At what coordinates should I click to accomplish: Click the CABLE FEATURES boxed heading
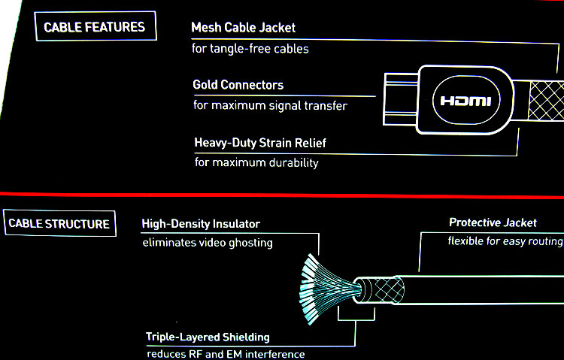pos(95,28)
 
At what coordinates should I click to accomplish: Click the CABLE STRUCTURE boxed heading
pos(59,223)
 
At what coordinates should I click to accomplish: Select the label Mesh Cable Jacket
pos(244,28)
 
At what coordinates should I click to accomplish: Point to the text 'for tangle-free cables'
pos(250,49)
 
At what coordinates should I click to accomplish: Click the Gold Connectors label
pos(238,85)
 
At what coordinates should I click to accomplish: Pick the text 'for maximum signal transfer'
pos(270,106)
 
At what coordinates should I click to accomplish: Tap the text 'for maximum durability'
pos(256,162)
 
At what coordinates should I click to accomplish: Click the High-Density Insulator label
pos(201,223)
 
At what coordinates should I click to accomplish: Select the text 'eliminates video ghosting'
pos(208,243)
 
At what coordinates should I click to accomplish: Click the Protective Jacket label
pos(493,222)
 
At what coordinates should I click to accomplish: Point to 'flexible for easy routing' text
pos(505,241)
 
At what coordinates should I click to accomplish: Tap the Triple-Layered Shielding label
pos(208,337)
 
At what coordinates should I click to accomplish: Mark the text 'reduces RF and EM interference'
pos(226,354)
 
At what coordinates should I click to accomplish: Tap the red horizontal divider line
pos(282,194)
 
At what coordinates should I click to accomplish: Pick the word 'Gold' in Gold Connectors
pos(207,85)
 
